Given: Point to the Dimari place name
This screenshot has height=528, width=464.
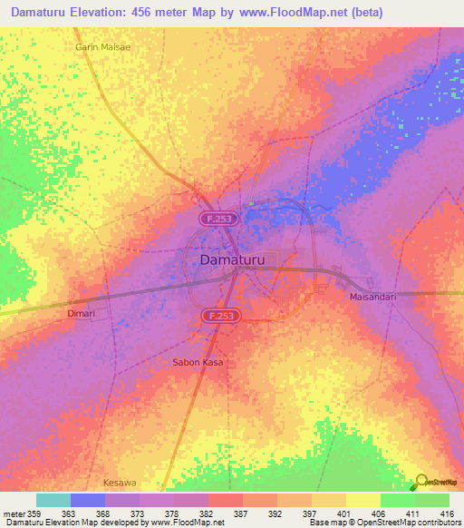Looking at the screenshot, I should (81, 313).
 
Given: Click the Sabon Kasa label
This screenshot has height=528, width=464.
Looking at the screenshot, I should (198, 362).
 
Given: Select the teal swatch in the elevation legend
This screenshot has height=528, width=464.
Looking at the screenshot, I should (53, 500).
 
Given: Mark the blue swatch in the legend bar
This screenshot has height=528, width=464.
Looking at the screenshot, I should (87, 500).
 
